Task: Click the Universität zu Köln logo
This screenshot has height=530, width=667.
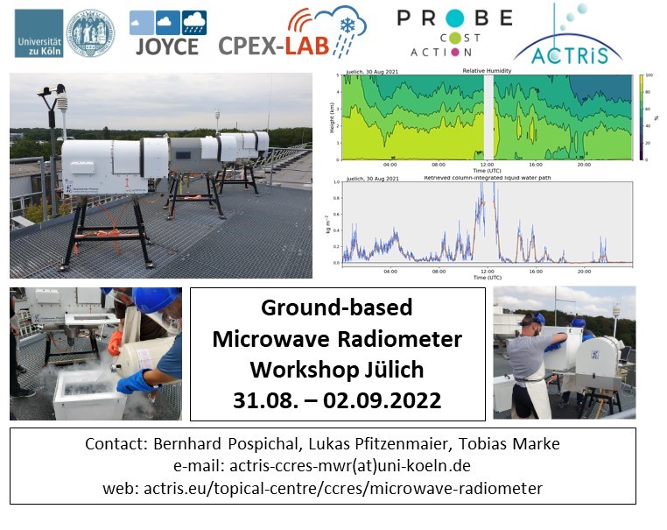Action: (64, 33)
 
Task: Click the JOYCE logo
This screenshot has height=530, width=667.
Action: (167, 33)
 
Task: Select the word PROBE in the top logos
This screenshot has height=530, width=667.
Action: (453, 18)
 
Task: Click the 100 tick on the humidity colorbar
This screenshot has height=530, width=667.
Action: (649, 76)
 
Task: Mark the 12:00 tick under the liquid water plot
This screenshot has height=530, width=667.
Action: (487, 271)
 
